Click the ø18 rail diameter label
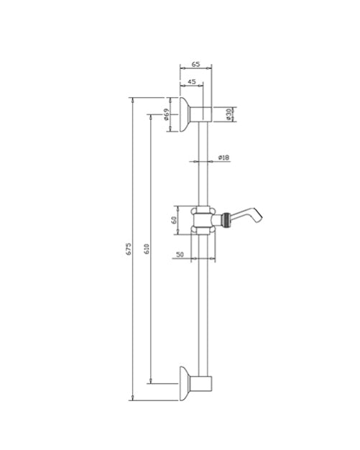coord(223,157)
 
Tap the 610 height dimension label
coord(147,249)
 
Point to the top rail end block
coord(206,113)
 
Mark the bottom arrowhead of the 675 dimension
coord(133,397)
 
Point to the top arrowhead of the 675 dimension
coord(133,99)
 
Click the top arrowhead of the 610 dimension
coord(150,115)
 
